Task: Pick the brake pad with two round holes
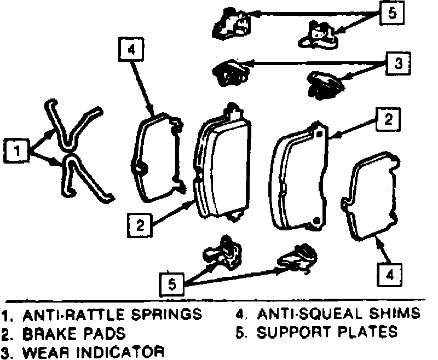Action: pyautogui.click(x=301, y=178)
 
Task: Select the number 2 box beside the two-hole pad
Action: pyautogui.click(x=387, y=119)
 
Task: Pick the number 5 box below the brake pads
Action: pyautogui.click(x=172, y=284)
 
